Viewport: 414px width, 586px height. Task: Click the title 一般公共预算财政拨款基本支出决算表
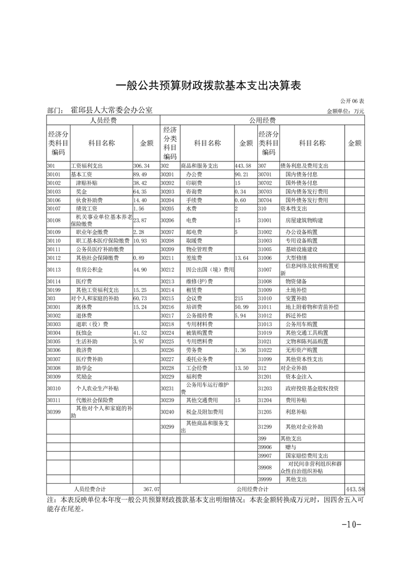[207, 85]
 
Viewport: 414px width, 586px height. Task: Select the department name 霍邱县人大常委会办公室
[111, 110]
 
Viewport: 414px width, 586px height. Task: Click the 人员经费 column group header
[103, 120]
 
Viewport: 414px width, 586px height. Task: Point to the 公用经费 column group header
[262, 120]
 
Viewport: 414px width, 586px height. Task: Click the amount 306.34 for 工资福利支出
[141, 166]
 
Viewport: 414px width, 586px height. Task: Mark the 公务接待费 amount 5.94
[240, 316]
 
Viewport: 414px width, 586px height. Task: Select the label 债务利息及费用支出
[304, 166]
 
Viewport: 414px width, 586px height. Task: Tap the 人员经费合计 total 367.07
[151, 489]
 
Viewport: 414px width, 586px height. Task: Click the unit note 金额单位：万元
[345, 111]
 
